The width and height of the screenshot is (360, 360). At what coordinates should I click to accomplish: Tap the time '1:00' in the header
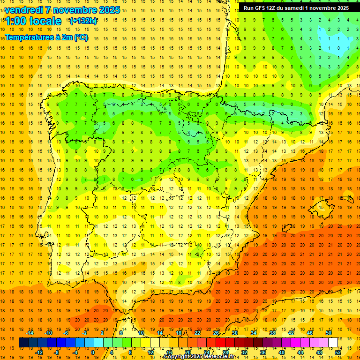coord(15,21)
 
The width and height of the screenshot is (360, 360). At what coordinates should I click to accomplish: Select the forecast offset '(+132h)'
coord(83,21)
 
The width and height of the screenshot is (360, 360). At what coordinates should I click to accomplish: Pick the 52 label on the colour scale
coord(338,352)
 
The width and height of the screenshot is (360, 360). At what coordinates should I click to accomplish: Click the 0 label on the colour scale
coord(93,352)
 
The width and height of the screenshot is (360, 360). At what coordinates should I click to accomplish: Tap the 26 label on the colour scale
coord(216,333)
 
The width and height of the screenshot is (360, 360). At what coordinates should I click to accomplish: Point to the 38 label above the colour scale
coord(272,333)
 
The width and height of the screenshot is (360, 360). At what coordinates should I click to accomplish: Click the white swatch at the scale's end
coord(333,343)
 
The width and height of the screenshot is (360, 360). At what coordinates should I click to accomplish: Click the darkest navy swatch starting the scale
coord(23,343)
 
